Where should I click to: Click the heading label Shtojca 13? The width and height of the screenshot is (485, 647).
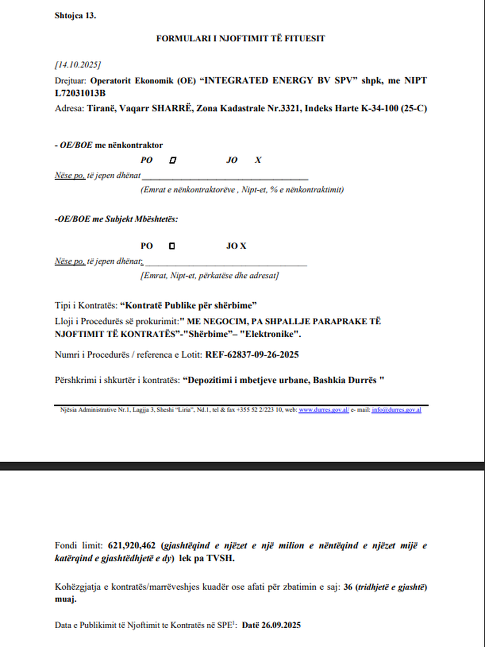point(75,15)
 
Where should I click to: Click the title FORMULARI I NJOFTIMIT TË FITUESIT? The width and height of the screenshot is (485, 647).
point(240,38)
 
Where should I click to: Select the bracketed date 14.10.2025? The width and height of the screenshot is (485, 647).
point(78,65)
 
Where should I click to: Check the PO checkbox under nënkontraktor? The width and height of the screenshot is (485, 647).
point(172,160)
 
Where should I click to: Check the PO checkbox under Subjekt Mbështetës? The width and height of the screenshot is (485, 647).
point(172,246)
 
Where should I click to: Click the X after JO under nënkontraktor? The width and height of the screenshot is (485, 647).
point(259,160)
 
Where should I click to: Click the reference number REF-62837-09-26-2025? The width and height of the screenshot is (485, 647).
point(252,355)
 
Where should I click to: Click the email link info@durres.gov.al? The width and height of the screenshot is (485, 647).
point(396,410)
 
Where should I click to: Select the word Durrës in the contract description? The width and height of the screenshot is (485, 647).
point(365,380)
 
